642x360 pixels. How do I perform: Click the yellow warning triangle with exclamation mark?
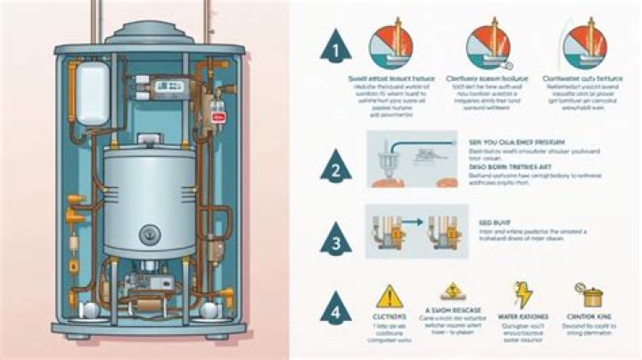(x=390, y=296)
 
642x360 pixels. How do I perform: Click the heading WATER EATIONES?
(x=525, y=316)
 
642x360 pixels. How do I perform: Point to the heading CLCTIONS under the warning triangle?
(x=389, y=316)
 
